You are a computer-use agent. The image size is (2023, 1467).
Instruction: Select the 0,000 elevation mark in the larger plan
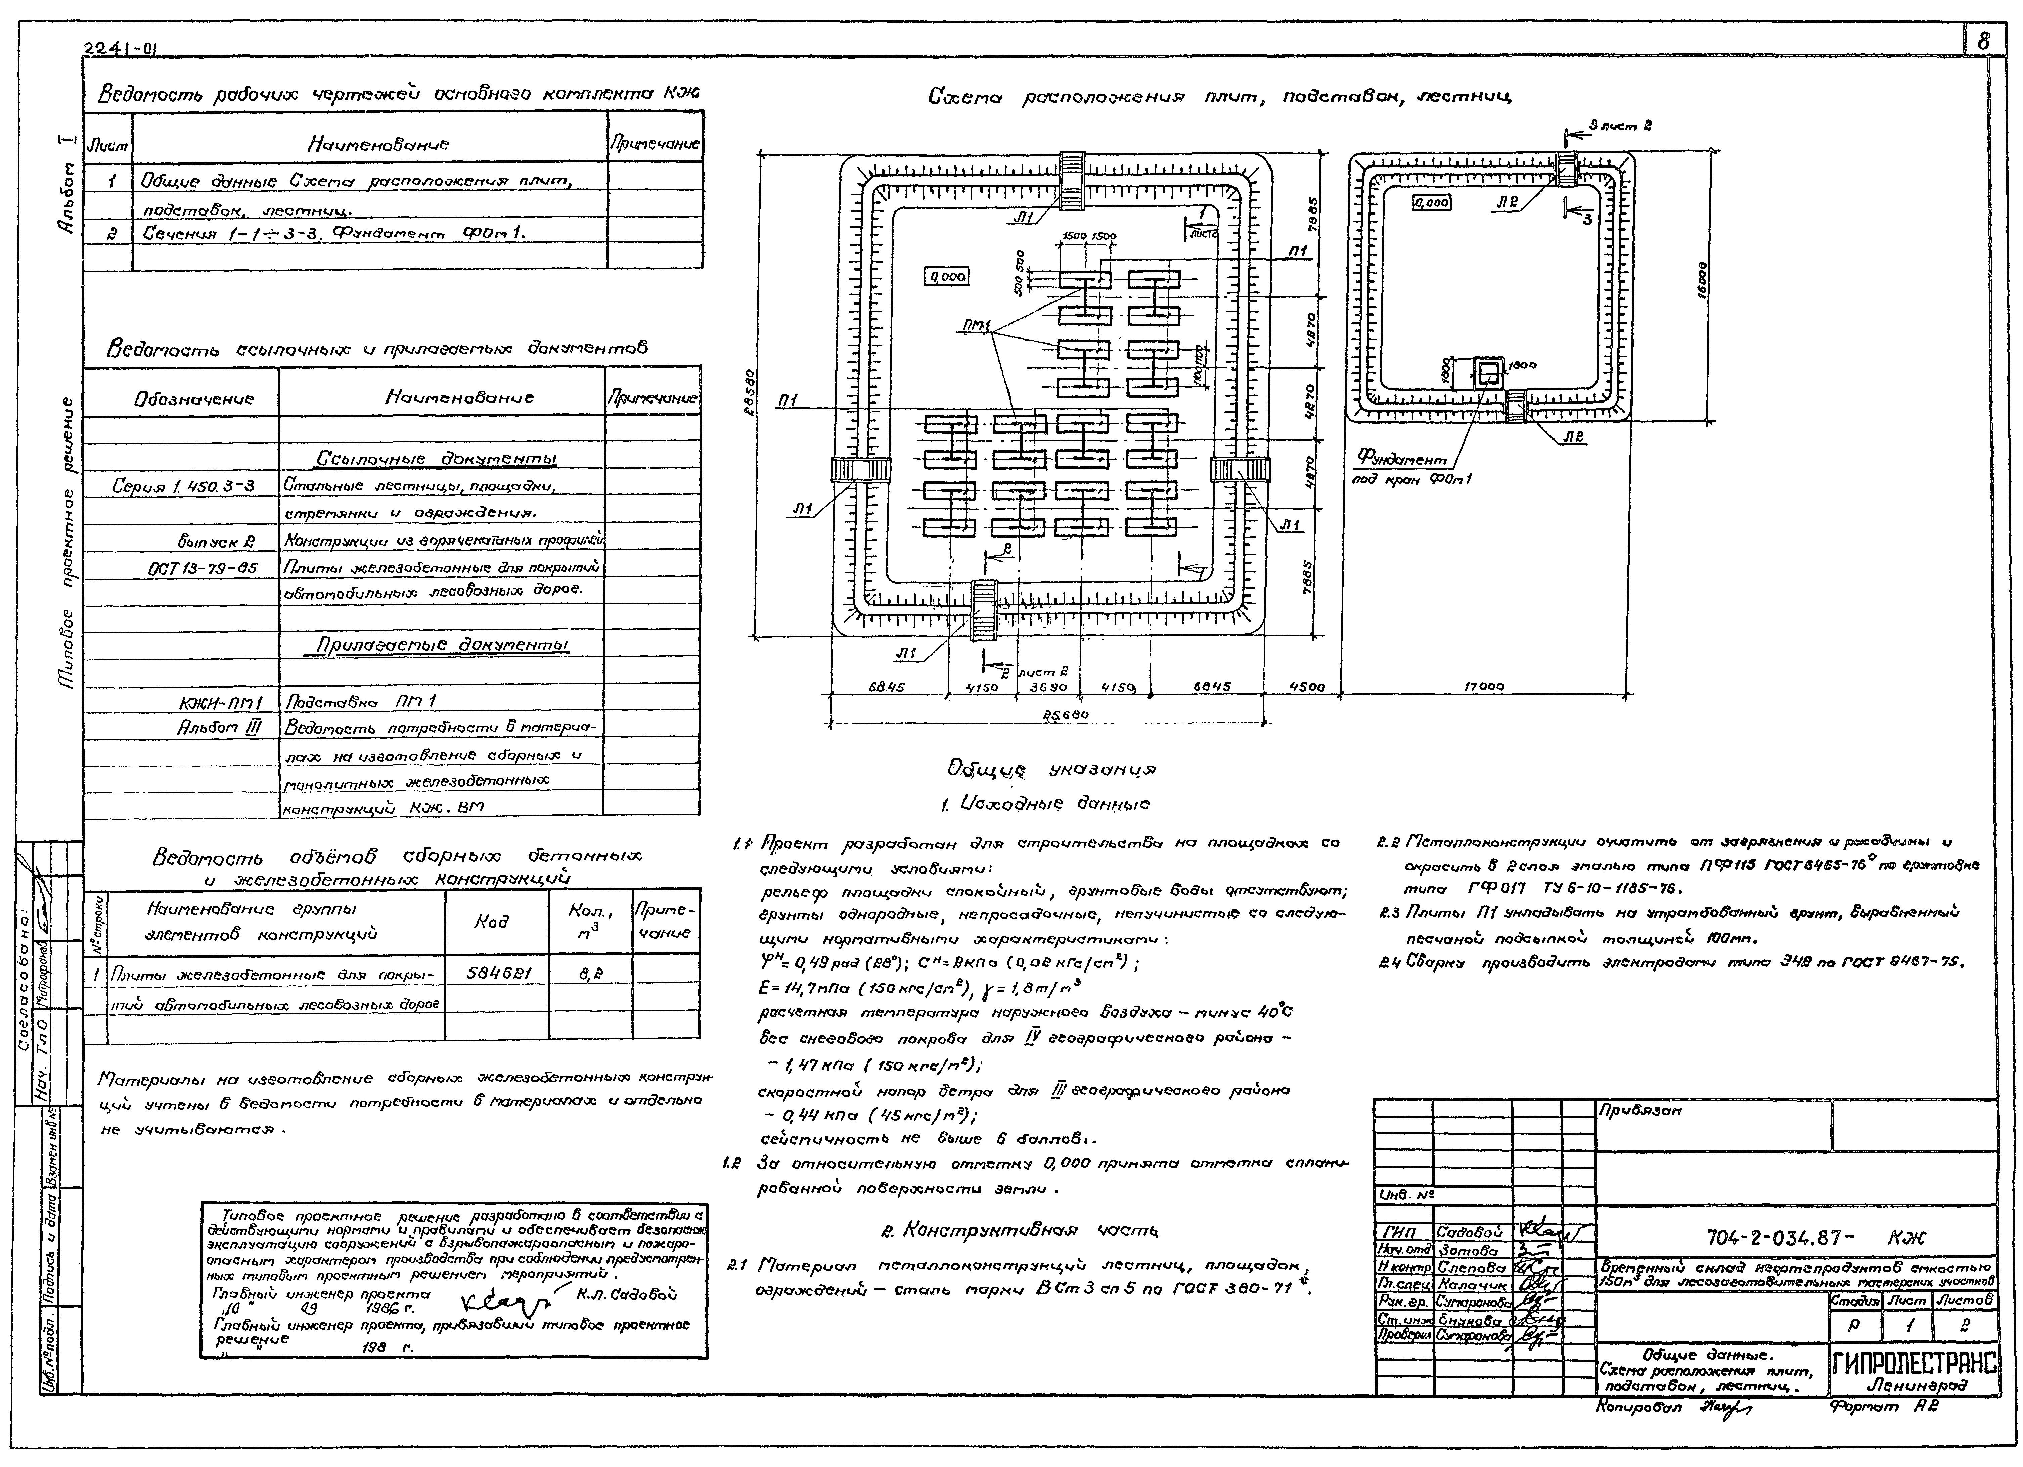pyautogui.click(x=947, y=277)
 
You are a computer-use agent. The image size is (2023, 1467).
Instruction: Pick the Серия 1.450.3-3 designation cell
pyautogui.click(x=183, y=486)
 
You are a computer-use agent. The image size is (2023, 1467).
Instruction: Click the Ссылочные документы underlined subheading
pyautogui.click(x=437, y=458)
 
